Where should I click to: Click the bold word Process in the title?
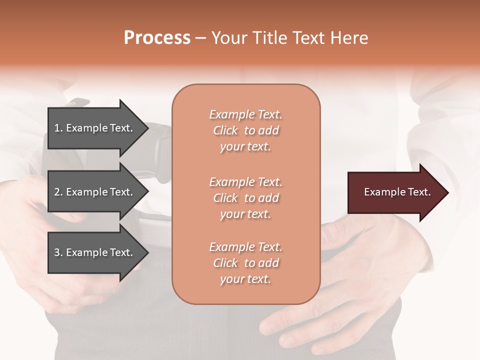[157, 37]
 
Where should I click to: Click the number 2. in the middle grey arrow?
[58, 192]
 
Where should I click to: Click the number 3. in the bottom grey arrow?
[58, 252]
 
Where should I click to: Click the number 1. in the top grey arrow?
[58, 128]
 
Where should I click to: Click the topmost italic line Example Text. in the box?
[245, 114]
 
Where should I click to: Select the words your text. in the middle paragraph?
[245, 214]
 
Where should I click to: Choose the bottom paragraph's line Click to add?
[245, 263]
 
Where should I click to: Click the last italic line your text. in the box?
[245, 279]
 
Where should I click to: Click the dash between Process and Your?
[200, 38]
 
